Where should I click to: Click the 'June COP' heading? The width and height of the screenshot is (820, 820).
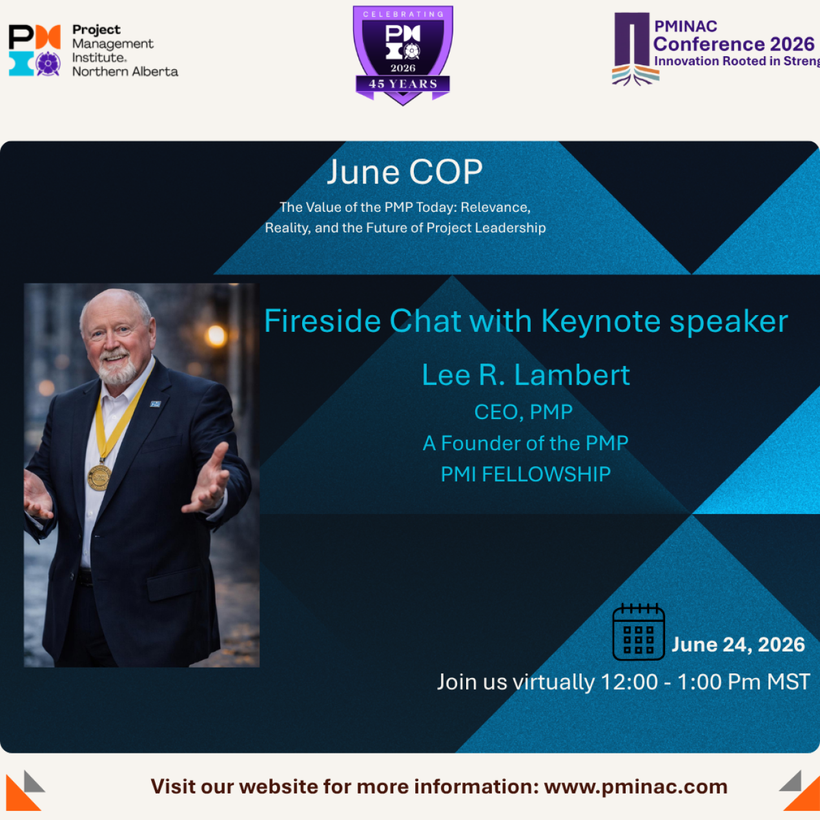point(405,172)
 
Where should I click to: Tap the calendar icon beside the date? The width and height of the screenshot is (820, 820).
point(639,631)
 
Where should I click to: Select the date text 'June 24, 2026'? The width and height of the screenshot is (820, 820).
point(738,644)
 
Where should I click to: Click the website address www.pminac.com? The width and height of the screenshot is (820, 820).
point(636,786)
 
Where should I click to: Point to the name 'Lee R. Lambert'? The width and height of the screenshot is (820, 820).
point(526,375)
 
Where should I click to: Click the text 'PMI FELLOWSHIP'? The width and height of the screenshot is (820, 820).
point(526,474)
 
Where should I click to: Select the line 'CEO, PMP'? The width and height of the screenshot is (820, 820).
point(524,412)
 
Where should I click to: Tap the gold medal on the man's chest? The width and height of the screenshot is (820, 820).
point(99,477)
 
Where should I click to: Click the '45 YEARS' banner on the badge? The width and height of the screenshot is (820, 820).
point(403,84)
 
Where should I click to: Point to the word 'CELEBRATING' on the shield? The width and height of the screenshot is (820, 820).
point(403,14)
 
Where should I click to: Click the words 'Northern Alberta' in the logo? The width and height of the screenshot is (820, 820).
point(125,72)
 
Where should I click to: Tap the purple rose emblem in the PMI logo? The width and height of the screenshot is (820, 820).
point(48,64)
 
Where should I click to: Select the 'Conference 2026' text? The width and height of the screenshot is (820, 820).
point(733,44)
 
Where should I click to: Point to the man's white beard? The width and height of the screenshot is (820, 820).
point(116,367)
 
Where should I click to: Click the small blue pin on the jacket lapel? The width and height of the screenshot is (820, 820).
point(156,404)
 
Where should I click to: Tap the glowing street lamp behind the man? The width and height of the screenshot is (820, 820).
point(216,335)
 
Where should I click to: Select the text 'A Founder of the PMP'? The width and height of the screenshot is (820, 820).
point(526,444)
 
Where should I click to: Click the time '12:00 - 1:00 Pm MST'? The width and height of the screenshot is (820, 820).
point(704,682)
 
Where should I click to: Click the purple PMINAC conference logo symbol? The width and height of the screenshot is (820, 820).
point(635,49)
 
